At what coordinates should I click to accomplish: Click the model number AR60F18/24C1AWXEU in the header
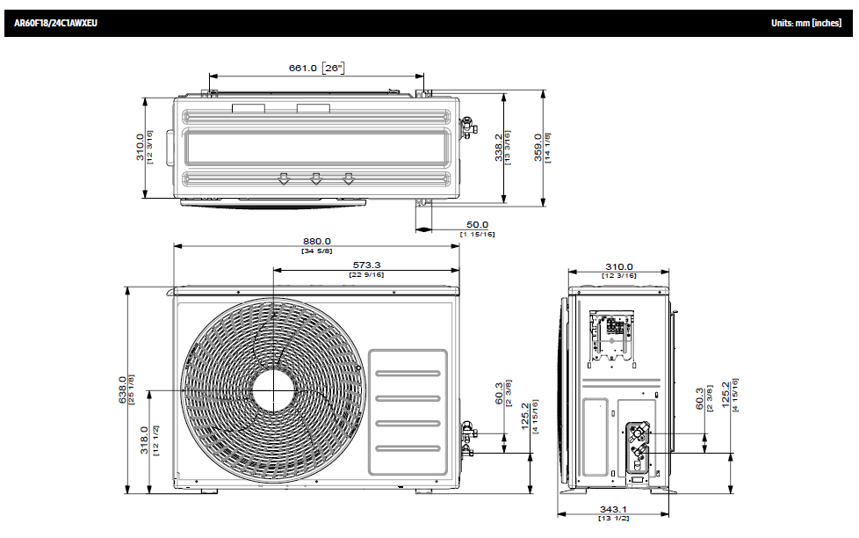click(x=55, y=23)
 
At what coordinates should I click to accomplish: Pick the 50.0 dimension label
click(x=477, y=225)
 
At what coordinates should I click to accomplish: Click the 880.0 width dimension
click(x=316, y=241)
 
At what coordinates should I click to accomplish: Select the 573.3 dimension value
click(x=366, y=265)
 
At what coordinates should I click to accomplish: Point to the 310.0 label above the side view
click(x=618, y=266)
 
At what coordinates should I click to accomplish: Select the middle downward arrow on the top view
click(x=316, y=179)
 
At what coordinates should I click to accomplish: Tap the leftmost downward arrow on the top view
click(x=283, y=179)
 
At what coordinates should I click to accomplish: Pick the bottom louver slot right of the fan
click(x=408, y=448)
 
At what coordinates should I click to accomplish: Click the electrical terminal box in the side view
click(x=612, y=335)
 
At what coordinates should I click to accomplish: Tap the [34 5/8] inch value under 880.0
click(x=316, y=251)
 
